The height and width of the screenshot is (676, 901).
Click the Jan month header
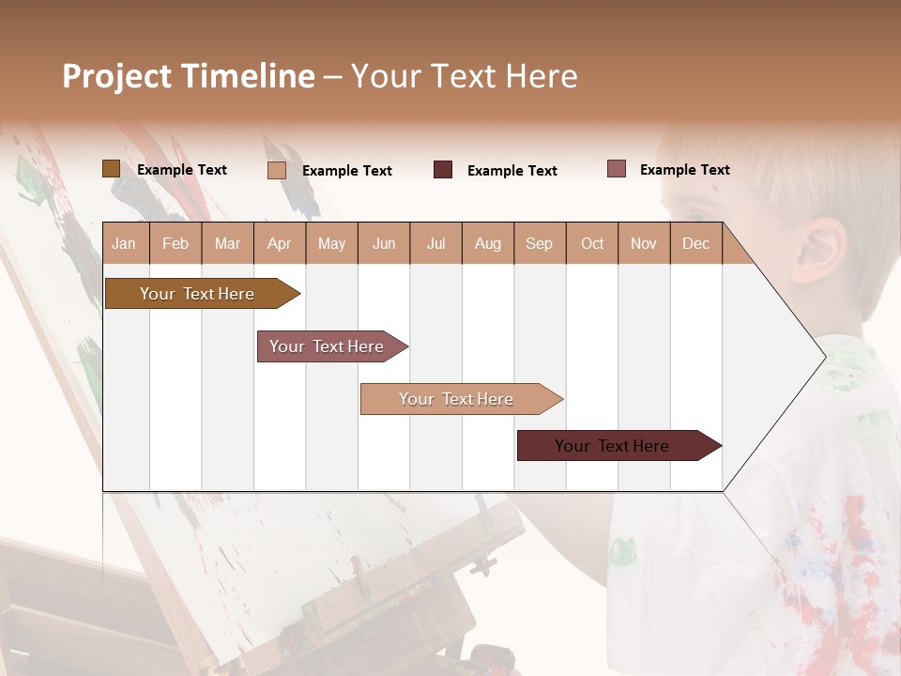(124, 243)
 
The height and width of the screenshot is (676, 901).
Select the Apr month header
(279, 243)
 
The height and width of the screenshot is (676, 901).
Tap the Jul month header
(435, 243)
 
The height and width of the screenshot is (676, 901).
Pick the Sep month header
(539, 243)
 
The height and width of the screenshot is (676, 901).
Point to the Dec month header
(695, 243)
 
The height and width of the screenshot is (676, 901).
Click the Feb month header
(176, 243)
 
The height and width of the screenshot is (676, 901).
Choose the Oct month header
(592, 243)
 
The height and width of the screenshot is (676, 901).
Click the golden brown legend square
(111, 169)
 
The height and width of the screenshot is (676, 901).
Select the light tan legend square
(277, 170)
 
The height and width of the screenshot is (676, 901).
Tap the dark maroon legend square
(443, 170)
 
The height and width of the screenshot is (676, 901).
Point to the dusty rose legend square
(616, 169)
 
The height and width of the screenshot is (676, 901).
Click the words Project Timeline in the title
(189, 76)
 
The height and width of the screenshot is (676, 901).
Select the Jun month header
(384, 243)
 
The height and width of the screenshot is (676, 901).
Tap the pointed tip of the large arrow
(823, 356)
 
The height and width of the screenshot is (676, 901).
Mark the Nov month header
(644, 243)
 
